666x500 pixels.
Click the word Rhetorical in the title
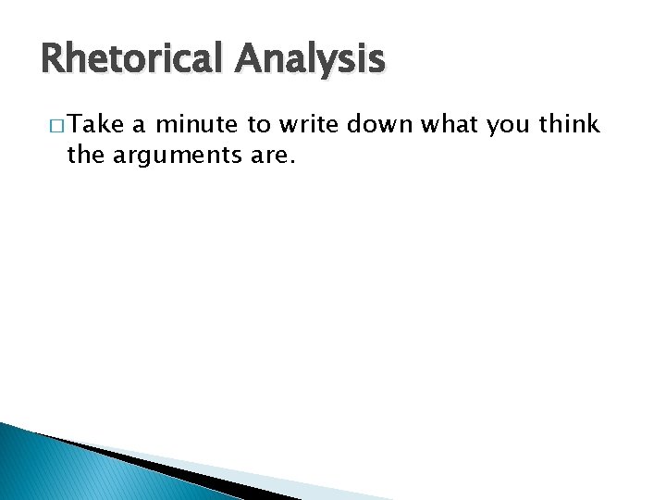point(132,60)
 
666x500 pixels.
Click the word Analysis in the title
point(309,60)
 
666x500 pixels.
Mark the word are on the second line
point(269,156)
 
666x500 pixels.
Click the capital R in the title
point(53,60)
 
